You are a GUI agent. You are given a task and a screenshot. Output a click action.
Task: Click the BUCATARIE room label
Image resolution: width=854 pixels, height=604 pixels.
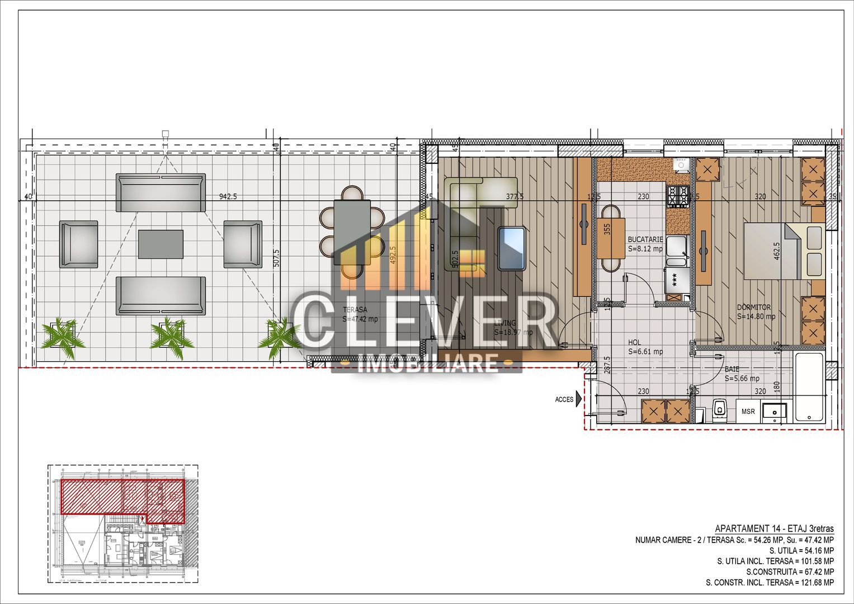pos(645,239)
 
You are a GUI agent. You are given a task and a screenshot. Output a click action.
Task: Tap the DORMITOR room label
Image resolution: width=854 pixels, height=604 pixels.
pos(754,308)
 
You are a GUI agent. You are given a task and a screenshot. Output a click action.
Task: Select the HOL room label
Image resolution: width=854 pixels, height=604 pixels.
pos(634,343)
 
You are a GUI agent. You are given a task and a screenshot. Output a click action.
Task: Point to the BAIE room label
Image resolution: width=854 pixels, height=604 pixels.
pos(732,370)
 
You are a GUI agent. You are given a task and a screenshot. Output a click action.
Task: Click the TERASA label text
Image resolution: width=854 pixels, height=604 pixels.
pos(355,310)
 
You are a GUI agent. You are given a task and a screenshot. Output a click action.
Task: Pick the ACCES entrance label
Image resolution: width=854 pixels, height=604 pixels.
pos(564,399)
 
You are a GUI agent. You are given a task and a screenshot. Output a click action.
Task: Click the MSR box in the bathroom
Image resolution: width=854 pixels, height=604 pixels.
pos(748,412)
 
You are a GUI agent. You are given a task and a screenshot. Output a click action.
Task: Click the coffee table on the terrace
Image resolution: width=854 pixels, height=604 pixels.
pos(161,244)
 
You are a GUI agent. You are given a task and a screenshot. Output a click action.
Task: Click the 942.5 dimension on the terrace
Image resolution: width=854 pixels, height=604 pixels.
pos(228,197)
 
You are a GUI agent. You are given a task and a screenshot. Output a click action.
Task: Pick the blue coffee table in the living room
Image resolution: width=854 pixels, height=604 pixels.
pos(511,248)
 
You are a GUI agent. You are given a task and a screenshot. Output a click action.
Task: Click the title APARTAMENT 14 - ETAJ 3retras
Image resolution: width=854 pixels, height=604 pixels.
pos(774,528)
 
